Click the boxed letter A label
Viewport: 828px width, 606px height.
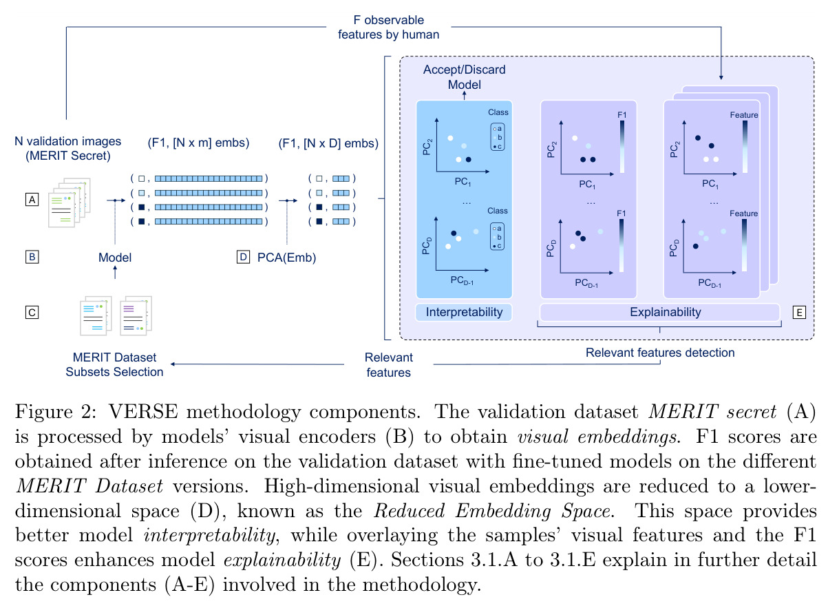click(32, 200)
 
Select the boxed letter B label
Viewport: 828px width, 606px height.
click(32, 257)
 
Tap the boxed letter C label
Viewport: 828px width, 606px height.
click(32, 313)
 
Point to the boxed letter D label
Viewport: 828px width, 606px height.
click(243, 257)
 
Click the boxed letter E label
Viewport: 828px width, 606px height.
click(799, 313)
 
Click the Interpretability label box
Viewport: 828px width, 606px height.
click(464, 312)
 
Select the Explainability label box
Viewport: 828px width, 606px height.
click(660, 312)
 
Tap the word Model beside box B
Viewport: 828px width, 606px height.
click(115, 258)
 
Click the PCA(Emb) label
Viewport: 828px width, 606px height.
click(287, 258)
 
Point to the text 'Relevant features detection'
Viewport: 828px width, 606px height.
click(660, 353)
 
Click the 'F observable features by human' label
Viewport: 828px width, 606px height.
click(388, 27)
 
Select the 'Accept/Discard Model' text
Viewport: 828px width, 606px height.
click(465, 77)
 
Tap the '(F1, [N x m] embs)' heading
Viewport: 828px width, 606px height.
click(198, 143)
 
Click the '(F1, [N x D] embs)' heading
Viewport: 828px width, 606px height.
click(328, 143)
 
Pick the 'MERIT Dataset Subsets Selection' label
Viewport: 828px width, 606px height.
click(114, 364)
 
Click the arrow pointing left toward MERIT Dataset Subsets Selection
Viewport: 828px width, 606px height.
click(257, 364)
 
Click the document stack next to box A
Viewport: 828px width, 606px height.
click(70, 202)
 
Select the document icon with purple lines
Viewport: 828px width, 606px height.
click(136, 316)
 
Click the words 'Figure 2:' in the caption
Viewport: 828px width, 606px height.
click(56, 412)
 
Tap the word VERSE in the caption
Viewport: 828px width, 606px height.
click(143, 412)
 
